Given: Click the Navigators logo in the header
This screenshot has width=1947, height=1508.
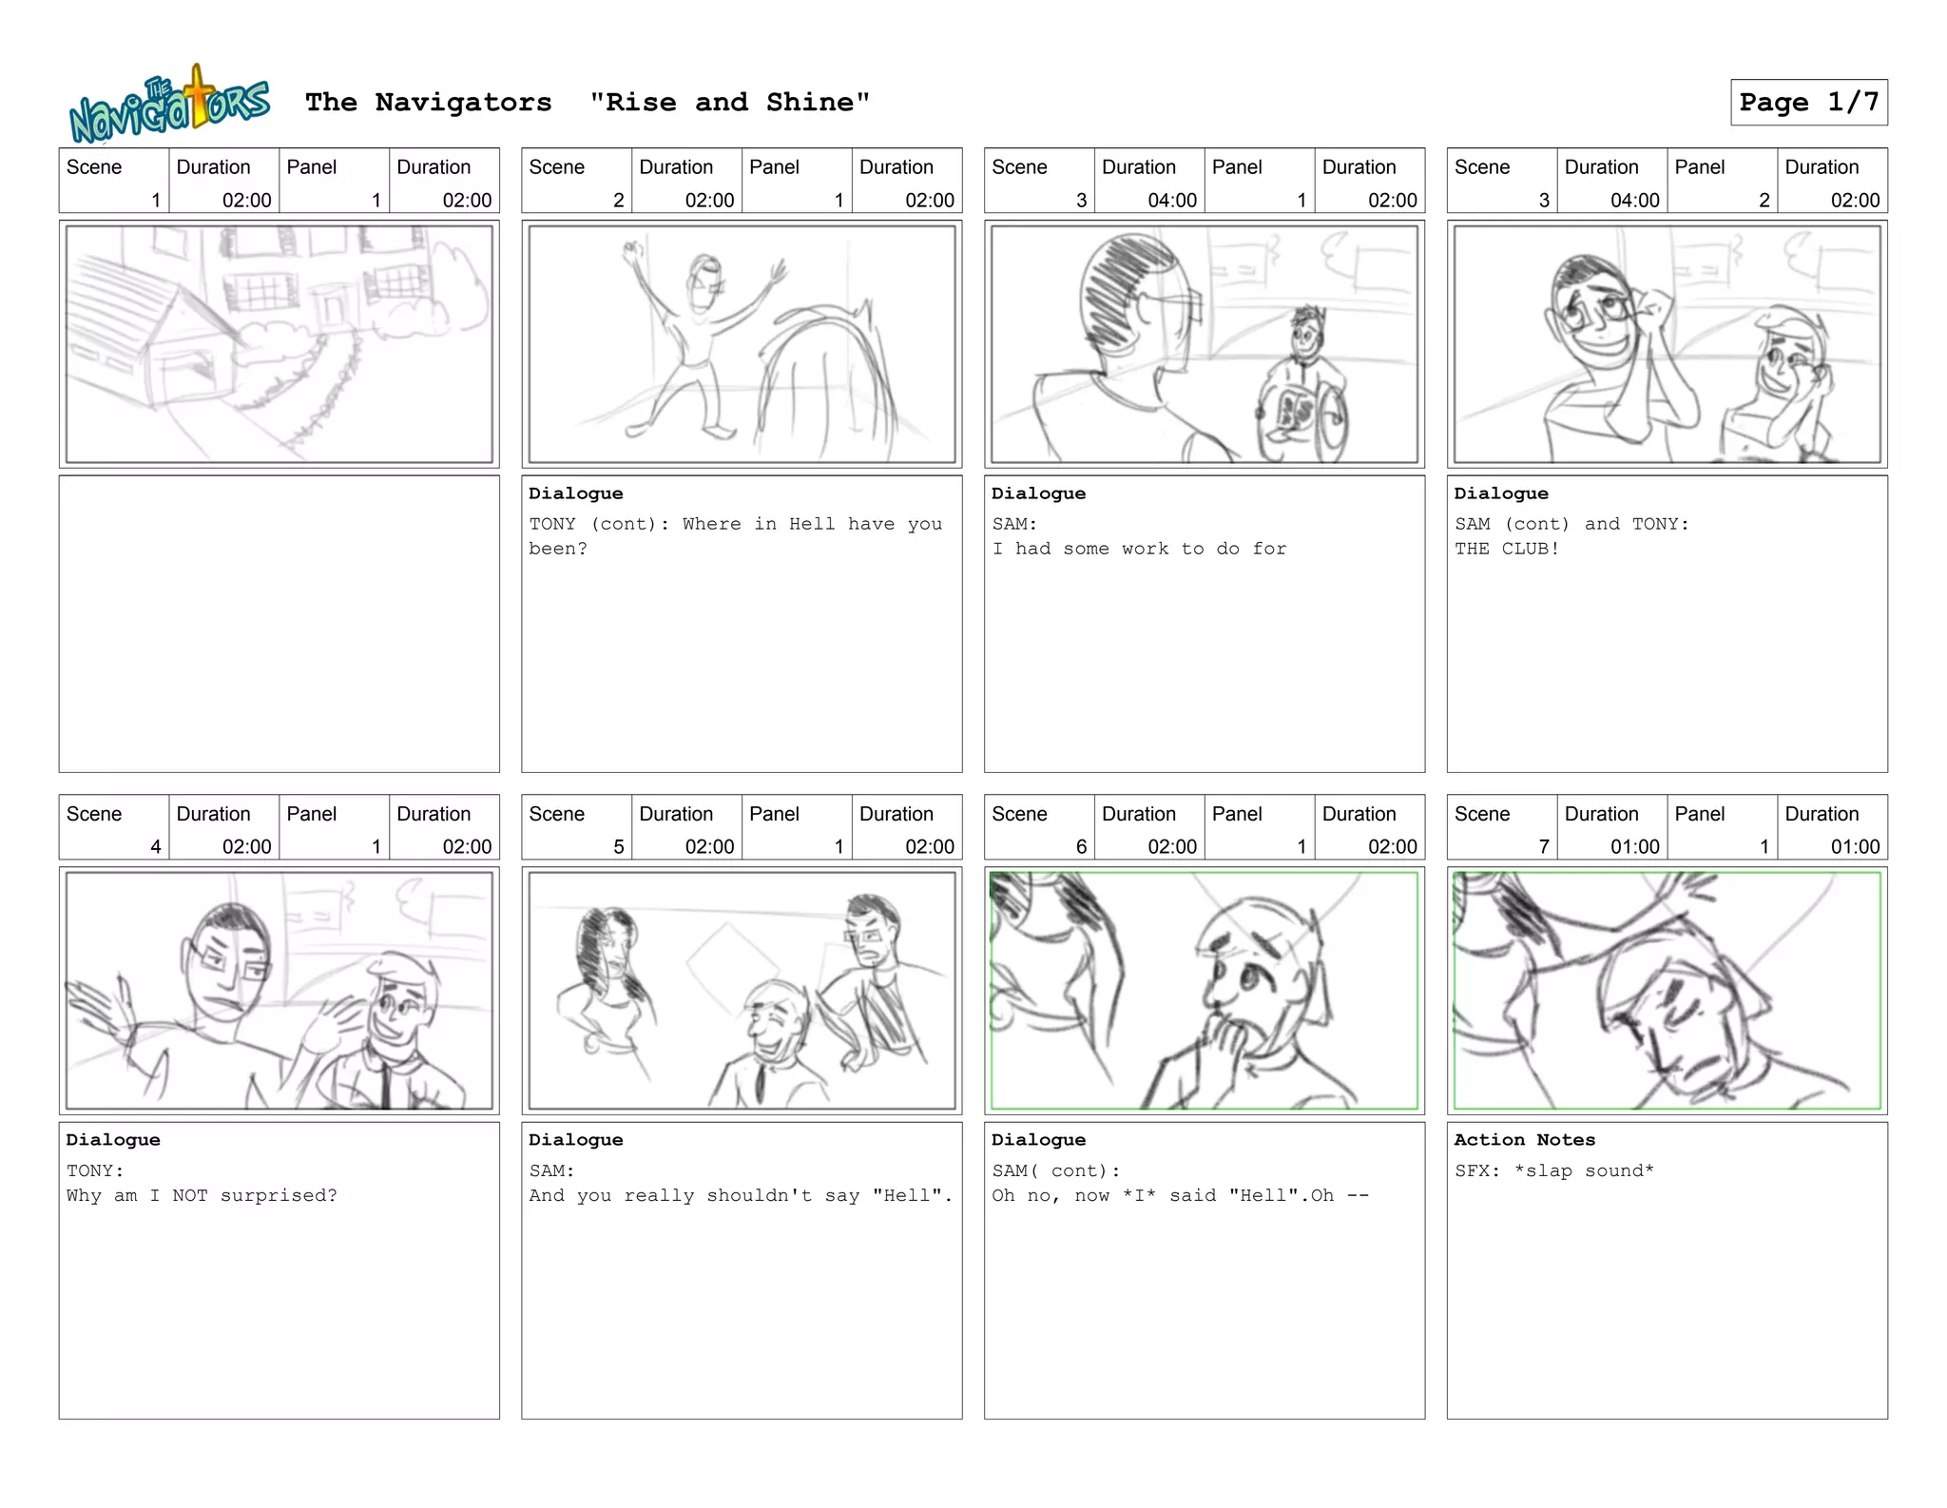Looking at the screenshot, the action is (x=169, y=104).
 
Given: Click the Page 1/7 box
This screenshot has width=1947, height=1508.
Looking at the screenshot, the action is (x=1808, y=102).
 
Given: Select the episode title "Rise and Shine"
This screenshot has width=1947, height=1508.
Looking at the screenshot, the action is (x=729, y=102).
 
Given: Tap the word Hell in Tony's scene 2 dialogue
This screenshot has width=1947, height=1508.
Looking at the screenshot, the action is (x=811, y=524).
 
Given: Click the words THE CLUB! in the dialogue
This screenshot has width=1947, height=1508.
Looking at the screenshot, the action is (x=1507, y=549).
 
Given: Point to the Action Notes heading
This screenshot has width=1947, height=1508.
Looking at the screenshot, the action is (x=1525, y=1139).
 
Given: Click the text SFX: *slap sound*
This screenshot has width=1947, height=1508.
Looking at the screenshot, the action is (x=1554, y=1170).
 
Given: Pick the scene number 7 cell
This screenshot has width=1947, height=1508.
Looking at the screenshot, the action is (x=1502, y=827).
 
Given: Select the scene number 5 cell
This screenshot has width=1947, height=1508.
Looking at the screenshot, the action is (x=577, y=827).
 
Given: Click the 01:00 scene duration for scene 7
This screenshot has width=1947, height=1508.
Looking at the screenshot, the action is (x=1635, y=846).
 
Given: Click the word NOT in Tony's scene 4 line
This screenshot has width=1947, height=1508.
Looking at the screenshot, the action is (x=190, y=1195).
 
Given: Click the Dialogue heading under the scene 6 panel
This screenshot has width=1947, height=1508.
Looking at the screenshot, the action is (x=1038, y=1139).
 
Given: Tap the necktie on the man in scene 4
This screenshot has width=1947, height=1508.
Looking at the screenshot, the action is (x=384, y=1079).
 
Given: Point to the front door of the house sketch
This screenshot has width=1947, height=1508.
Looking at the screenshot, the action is (x=332, y=310).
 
